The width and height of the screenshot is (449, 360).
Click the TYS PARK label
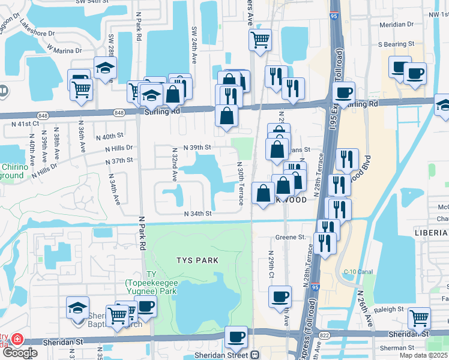(x=197, y=260)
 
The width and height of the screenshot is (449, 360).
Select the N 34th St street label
(x=198, y=213)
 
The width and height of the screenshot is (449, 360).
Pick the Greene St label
(x=291, y=237)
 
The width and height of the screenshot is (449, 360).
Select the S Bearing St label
(x=397, y=44)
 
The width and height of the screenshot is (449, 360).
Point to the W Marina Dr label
(x=65, y=49)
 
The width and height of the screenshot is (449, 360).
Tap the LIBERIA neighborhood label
(x=431, y=232)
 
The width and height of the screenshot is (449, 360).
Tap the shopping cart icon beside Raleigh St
(x=419, y=316)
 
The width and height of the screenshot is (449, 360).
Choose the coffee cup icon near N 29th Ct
(x=280, y=296)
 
